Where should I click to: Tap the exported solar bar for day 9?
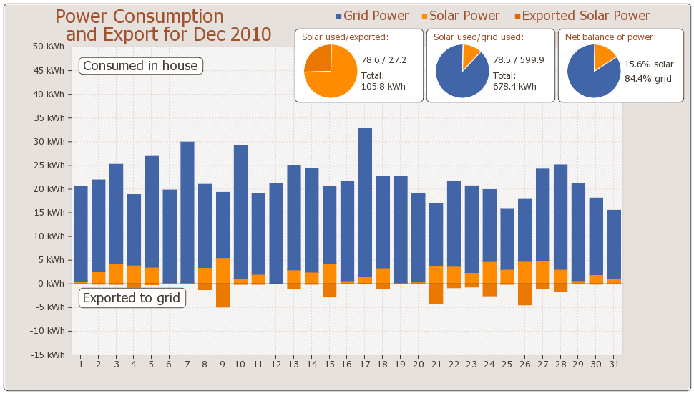point(223,295)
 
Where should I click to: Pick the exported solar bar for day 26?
point(525,294)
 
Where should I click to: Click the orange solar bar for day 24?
point(489,273)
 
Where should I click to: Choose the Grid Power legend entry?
point(372,16)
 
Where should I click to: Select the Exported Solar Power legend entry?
point(582,16)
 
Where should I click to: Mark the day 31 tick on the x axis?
point(614,364)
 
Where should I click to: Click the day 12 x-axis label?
point(276,364)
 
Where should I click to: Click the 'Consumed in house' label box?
point(140,66)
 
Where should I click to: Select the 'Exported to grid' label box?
point(132,298)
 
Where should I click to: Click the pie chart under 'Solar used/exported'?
point(331,71)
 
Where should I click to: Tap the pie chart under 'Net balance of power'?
point(594,71)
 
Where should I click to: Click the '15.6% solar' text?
point(649,64)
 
